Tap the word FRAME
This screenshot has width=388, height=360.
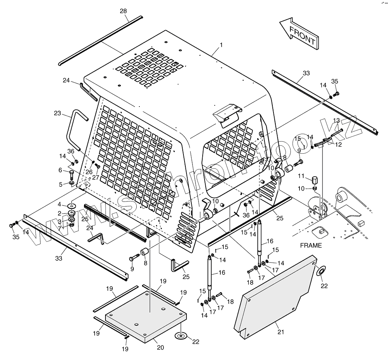pyautogui.click(x=311, y=246)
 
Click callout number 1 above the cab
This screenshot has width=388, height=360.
pyautogui.click(x=221, y=45)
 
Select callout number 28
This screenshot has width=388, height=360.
pyautogui.click(x=123, y=11)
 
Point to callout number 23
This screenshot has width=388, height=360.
pyautogui.click(x=57, y=113)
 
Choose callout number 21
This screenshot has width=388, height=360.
pyautogui.click(x=281, y=332)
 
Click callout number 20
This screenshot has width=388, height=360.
pyautogui.click(x=160, y=348)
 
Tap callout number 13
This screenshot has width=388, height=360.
pyautogui.click(x=336, y=121)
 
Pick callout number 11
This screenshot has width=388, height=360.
pyautogui.click(x=301, y=176)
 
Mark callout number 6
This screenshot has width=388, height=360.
pyautogui.click(x=60, y=170)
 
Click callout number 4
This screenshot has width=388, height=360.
pyautogui.click(x=59, y=204)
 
